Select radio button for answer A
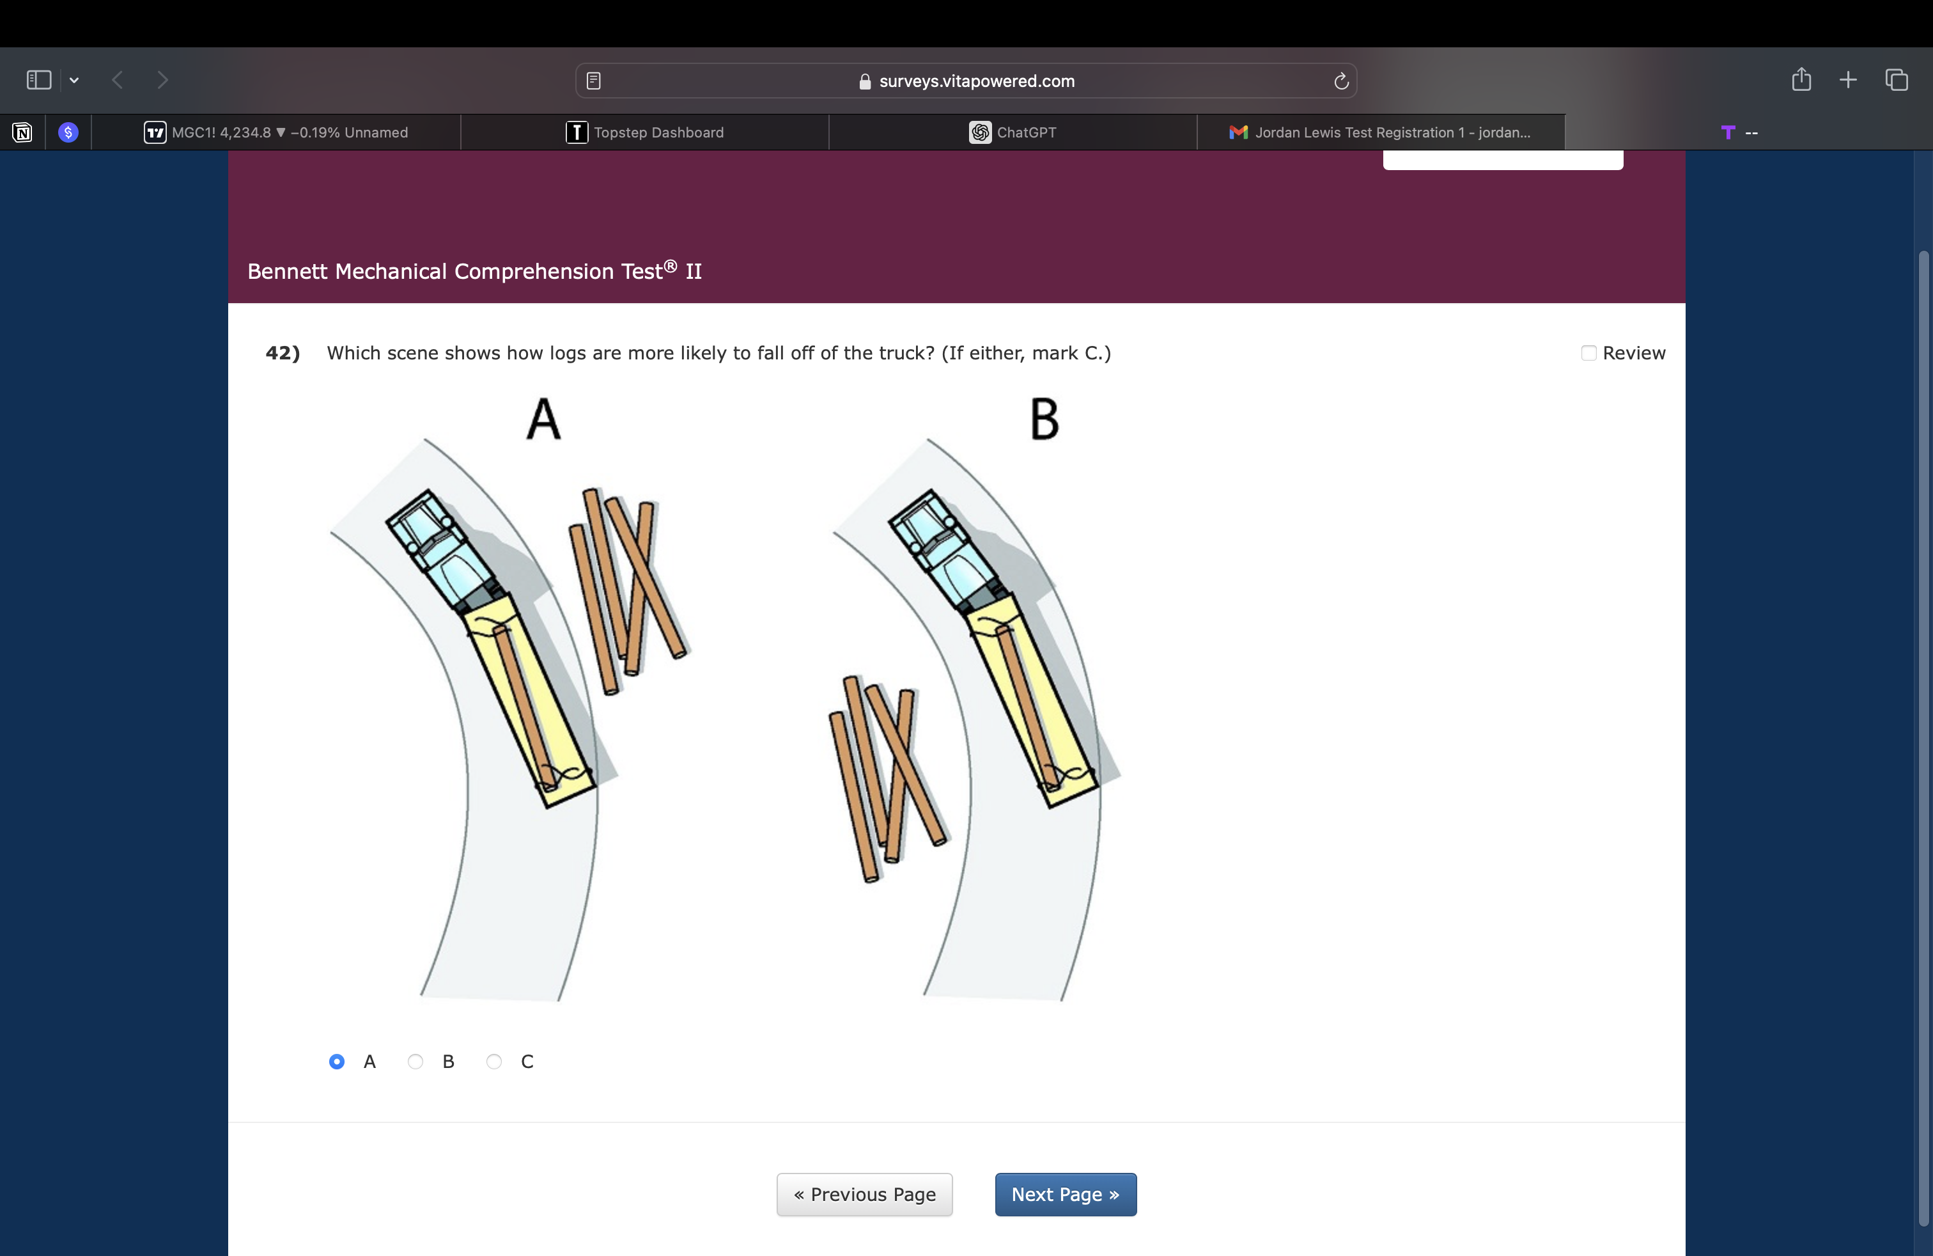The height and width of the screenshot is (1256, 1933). point(336,1062)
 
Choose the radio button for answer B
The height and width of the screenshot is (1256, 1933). point(415,1062)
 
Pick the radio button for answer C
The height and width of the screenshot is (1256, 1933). point(494,1062)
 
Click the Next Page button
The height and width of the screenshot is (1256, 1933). point(1066,1194)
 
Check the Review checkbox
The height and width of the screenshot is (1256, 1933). point(1588,354)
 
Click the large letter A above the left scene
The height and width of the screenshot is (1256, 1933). point(543,420)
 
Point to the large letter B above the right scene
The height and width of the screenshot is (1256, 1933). point(1044,420)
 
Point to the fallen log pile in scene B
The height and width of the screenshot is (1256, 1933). point(888,778)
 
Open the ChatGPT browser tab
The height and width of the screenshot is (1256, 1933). point(1013,132)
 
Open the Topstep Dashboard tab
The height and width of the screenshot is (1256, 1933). point(645,132)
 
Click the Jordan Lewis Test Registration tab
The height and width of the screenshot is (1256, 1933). point(1381,132)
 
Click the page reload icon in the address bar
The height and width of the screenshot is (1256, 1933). point(1341,81)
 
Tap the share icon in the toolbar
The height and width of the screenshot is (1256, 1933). point(1801,79)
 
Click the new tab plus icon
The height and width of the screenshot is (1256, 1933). point(1848,79)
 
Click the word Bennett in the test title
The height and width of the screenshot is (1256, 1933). point(288,271)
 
